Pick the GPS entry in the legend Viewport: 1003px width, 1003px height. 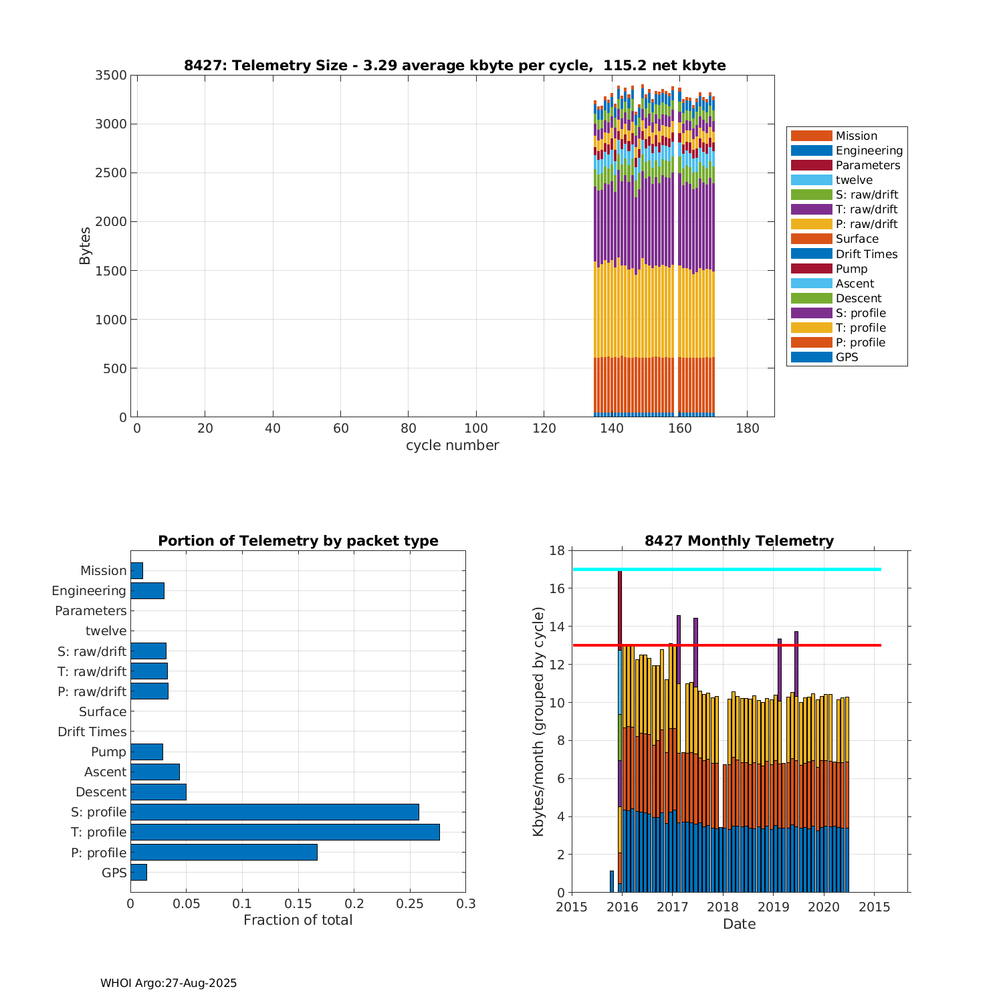click(847, 357)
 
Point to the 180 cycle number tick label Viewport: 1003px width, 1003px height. click(747, 429)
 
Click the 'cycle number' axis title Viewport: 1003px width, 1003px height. click(452, 445)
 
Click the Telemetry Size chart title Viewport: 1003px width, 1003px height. click(455, 66)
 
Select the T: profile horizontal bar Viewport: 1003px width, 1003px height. click(285, 832)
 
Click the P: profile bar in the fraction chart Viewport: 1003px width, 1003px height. click(223, 852)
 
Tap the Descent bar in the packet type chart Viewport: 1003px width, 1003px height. click(158, 792)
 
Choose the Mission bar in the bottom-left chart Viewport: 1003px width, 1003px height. click(136, 570)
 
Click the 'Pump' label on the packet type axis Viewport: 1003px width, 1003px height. click(108, 752)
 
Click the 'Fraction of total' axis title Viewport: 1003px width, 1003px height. click(298, 920)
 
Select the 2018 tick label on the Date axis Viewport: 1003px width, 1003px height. click(723, 907)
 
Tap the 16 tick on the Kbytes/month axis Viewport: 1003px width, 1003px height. click(557, 588)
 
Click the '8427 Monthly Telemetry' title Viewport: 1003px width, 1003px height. click(739, 541)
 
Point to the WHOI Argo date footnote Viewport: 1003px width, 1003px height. click(169, 983)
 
